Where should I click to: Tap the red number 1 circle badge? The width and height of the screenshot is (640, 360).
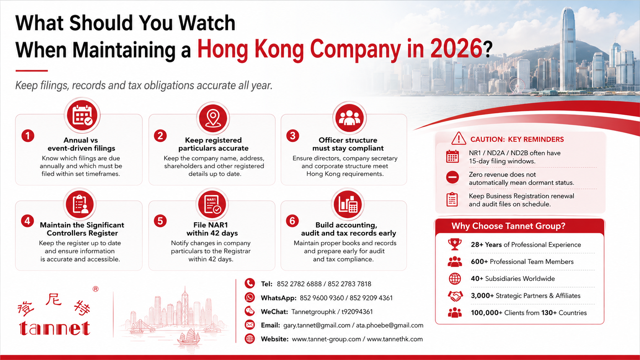[x=28, y=136]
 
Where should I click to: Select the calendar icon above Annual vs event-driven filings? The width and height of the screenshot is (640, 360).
[x=82, y=116]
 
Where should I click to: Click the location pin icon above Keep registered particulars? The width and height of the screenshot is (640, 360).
[x=213, y=118]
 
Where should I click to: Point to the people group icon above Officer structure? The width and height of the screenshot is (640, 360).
[x=349, y=117]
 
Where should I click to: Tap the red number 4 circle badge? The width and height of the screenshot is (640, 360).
[x=28, y=221]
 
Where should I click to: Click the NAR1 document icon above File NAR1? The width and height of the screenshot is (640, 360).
[x=212, y=204]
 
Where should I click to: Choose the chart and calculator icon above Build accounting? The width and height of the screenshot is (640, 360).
[x=348, y=204]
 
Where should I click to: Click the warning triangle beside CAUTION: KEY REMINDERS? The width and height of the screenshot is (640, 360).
[x=459, y=138]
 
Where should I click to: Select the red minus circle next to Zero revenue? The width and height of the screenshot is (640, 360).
[x=452, y=177]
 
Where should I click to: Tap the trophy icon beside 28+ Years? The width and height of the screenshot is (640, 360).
[x=455, y=244]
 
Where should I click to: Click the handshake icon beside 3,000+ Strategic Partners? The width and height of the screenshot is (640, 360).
[x=455, y=296]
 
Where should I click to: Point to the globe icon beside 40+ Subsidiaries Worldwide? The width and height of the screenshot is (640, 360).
[x=455, y=279]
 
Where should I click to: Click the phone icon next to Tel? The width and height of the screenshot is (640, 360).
[x=250, y=283]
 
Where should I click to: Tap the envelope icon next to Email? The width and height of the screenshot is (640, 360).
[x=250, y=325]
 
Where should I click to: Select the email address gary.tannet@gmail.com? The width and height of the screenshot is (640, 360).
[x=317, y=326]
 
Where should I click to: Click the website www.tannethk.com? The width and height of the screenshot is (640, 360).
[x=395, y=339]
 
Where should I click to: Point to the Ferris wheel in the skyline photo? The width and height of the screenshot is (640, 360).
[x=517, y=86]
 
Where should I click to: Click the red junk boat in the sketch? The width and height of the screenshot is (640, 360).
[x=189, y=337]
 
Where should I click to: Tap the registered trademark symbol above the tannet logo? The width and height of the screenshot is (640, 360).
[x=96, y=289]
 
